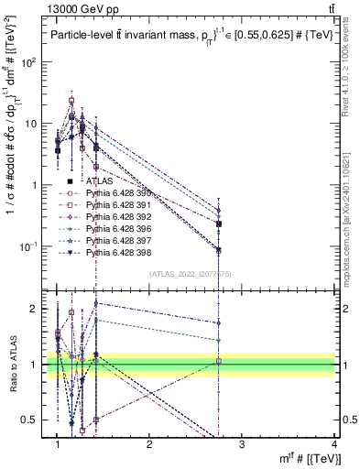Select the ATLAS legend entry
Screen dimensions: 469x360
point(99,182)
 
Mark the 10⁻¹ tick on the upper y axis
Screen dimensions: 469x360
point(32,245)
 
